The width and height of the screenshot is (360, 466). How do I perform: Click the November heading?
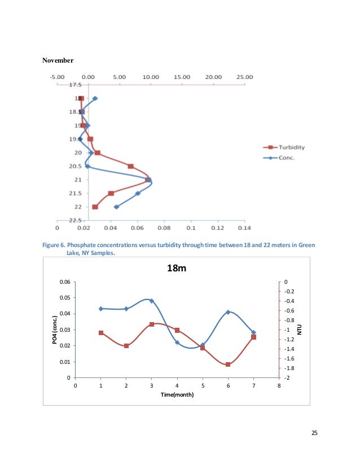[58, 59]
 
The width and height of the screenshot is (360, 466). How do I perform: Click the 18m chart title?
[176, 269]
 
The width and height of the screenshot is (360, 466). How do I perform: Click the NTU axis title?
[300, 328]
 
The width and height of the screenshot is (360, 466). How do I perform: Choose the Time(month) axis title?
[177, 395]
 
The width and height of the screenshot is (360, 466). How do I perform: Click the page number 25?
[314, 433]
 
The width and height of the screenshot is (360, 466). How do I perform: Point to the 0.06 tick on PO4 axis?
[66, 282]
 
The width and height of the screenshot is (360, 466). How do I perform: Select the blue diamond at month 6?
[228, 312]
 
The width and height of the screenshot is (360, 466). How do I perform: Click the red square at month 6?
[228, 364]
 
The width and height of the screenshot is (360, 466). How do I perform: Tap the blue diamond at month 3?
[152, 301]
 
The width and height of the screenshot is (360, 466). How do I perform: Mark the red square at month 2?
[126, 346]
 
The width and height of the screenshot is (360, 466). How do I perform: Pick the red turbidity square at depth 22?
[95, 207]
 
